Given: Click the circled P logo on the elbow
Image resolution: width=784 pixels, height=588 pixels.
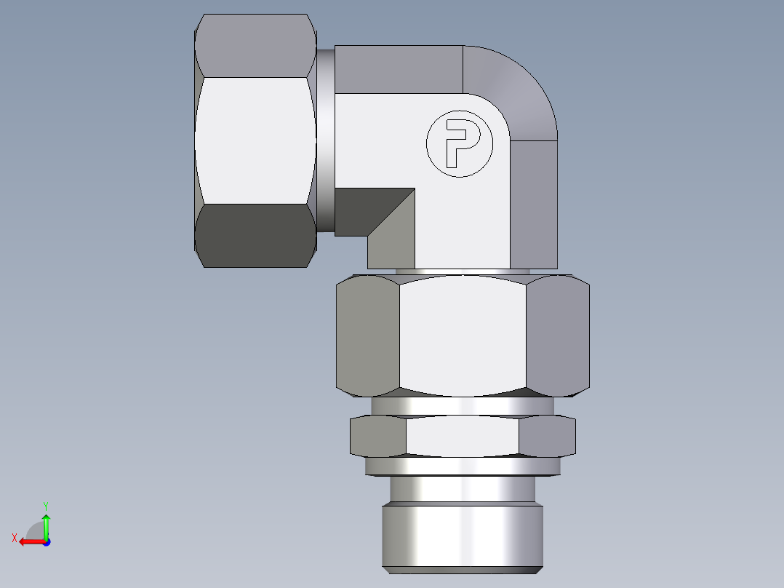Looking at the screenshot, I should [x=459, y=144].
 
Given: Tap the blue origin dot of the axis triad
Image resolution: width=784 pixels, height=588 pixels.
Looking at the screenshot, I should [x=46, y=541].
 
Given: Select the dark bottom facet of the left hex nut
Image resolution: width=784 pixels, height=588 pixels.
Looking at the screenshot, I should [x=255, y=236].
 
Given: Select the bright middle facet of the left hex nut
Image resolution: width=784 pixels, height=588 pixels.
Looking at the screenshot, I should [x=255, y=140].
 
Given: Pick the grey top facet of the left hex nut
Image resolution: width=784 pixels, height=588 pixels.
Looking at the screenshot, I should [x=255, y=46].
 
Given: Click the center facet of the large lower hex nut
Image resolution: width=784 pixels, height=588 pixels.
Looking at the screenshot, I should [x=463, y=335].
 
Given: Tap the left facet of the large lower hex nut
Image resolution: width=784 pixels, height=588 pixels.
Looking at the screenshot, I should [x=368, y=335].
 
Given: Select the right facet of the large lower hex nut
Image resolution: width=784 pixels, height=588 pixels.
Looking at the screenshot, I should [x=556, y=335].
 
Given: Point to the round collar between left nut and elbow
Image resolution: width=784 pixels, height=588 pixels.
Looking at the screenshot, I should [x=325, y=140].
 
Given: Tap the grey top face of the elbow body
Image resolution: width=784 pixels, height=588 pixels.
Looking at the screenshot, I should [x=399, y=69].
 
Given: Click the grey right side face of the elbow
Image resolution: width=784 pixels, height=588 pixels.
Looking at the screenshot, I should [x=533, y=204].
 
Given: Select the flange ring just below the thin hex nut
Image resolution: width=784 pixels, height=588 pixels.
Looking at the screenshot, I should [x=463, y=466].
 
